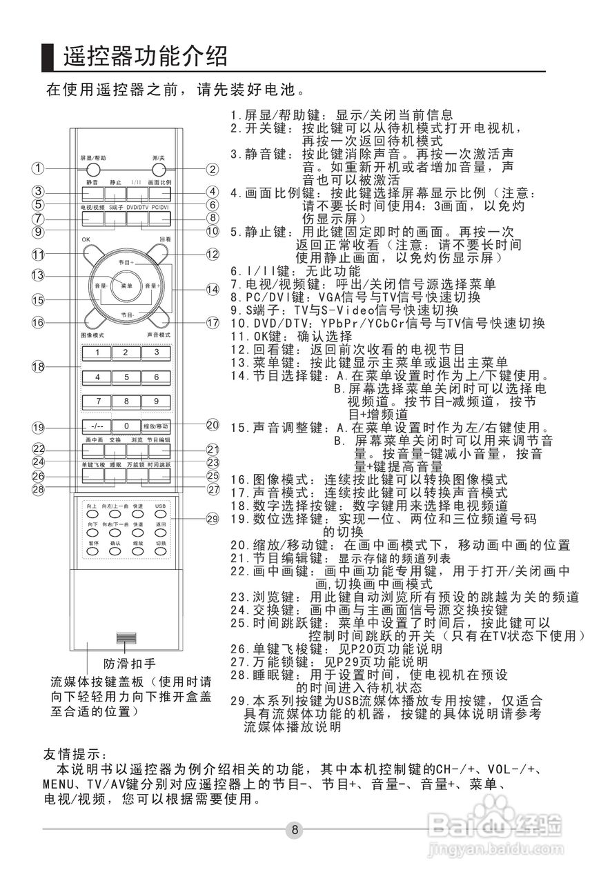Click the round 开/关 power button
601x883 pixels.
(x=159, y=170)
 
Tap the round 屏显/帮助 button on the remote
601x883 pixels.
(x=92, y=170)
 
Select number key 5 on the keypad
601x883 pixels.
(x=126, y=377)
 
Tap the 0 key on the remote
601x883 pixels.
(x=126, y=426)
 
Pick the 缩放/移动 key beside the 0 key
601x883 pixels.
(x=156, y=426)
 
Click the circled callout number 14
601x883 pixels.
(x=213, y=290)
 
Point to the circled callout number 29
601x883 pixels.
(x=213, y=518)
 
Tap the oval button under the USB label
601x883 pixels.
(x=160, y=513)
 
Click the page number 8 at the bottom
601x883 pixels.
(x=295, y=829)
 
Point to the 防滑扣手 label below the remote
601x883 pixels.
(x=130, y=664)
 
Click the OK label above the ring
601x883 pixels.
(x=85, y=239)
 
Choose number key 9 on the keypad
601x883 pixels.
(x=157, y=401)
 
